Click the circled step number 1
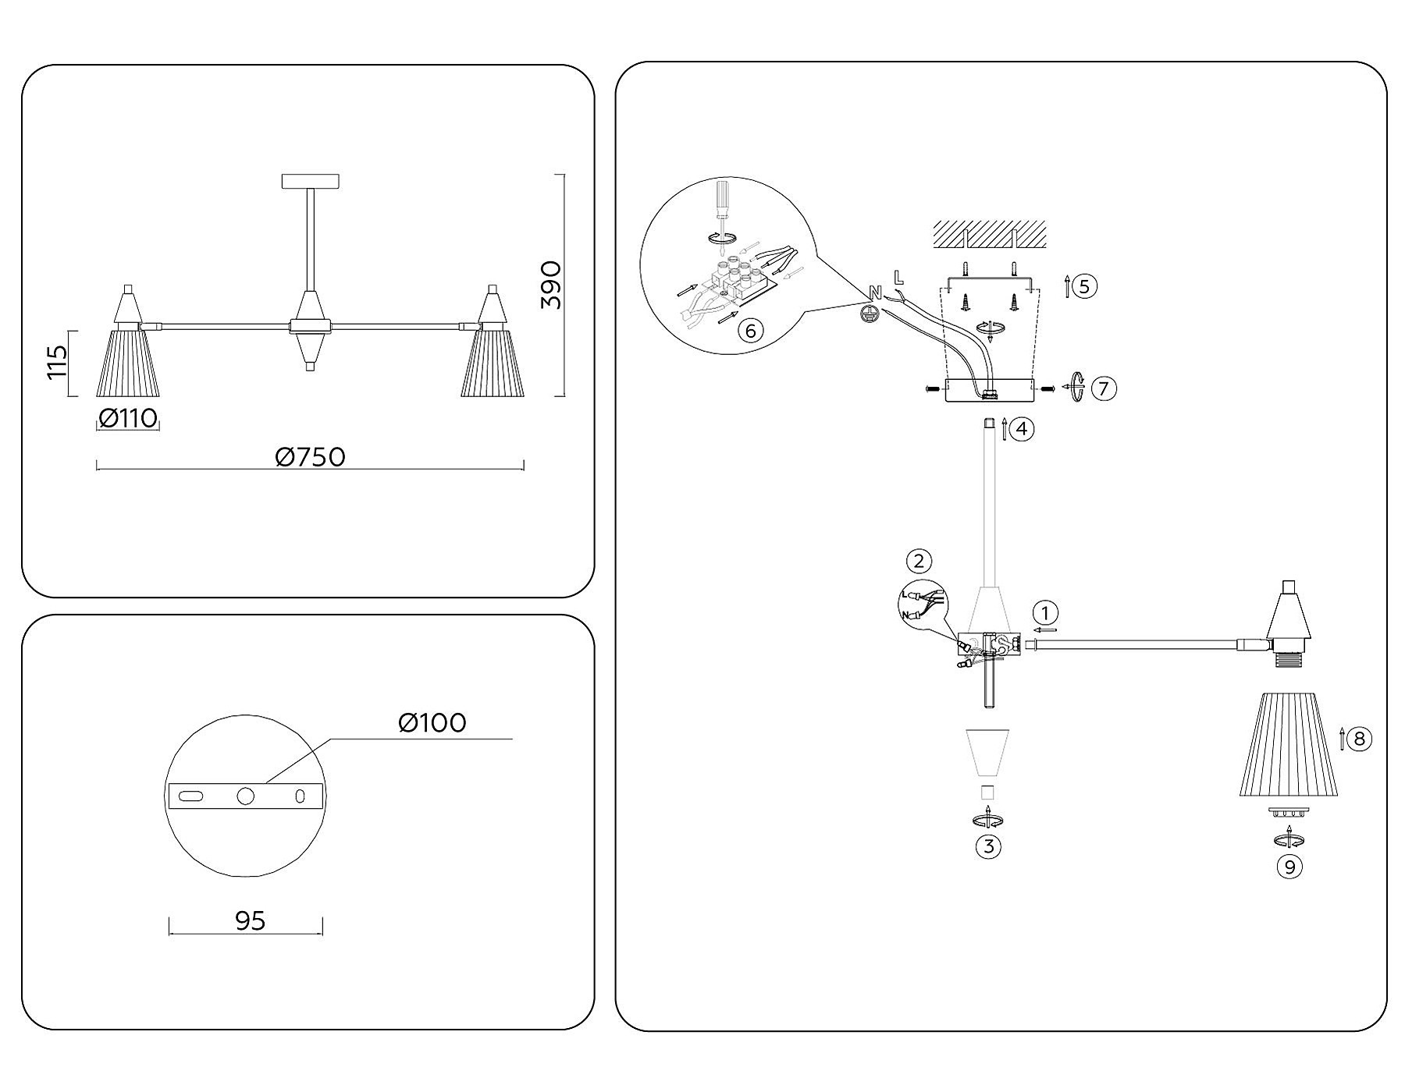(x=1045, y=612)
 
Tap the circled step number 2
(x=919, y=561)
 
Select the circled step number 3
(x=988, y=846)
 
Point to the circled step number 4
(x=1022, y=428)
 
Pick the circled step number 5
(x=1084, y=285)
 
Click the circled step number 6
(x=750, y=331)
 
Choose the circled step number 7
(x=1103, y=388)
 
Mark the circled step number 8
(x=1359, y=738)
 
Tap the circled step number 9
(x=1289, y=867)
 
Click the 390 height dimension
(x=551, y=285)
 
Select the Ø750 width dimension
(x=310, y=457)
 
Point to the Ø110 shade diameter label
(x=128, y=419)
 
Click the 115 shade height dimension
(x=58, y=363)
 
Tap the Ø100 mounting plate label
(x=432, y=723)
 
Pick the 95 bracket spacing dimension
(x=250, y=921)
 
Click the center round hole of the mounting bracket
(x=246, y=796)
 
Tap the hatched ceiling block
(x=989, y=233)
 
